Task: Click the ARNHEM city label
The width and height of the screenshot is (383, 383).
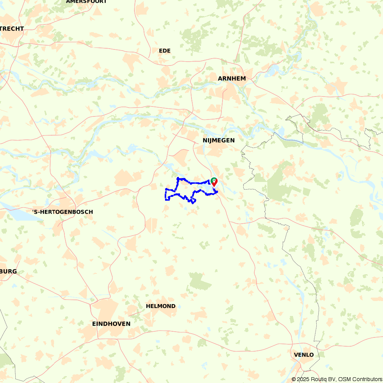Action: (232, 79)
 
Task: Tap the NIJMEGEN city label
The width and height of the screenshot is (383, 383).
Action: (219, 141)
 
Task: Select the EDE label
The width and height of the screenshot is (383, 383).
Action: (165, 51)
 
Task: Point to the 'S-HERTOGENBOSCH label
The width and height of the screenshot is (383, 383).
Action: (62, 212)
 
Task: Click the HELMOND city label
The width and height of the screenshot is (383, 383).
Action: (161, 306)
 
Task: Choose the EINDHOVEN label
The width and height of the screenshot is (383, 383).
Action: (111, 324)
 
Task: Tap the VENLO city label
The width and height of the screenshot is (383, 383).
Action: (304, 355)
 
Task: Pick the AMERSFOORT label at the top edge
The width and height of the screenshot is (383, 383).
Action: (86, 2)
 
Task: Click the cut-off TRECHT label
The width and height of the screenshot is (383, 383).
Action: (12, 29)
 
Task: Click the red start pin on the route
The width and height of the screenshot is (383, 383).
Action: (214, 182)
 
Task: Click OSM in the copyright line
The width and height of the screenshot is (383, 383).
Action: (344, 379)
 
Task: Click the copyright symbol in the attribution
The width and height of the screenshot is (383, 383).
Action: (294, 379)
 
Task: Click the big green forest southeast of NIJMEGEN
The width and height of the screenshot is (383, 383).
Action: (280, 184)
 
